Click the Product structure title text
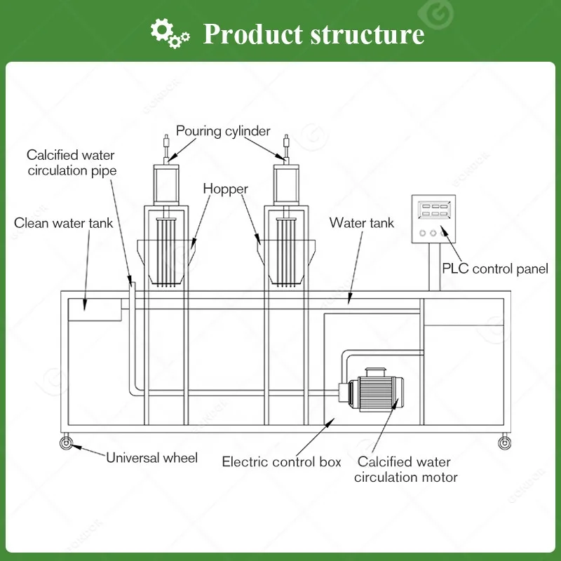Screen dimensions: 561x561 click(x=313, y=33)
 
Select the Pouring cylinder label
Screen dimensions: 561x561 click(x=223, y=130)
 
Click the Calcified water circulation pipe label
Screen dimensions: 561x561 click(x=72, y=163)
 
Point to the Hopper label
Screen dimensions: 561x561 click(x=226, y=189)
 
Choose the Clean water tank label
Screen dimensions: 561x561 click(x=63, y=223)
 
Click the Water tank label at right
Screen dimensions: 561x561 click(x=362, y=223)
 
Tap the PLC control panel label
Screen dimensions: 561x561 click(x=494, y=269)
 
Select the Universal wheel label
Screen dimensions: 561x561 click(x=152, y=458)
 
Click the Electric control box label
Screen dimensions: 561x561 click(x=282, y=461)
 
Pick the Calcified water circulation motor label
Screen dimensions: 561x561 click(x=405, y=470)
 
